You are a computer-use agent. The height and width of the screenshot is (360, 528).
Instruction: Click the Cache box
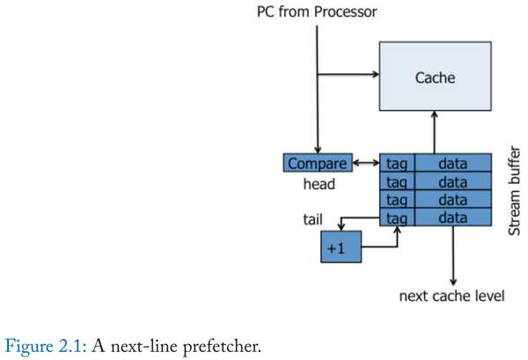[x=435, y=77]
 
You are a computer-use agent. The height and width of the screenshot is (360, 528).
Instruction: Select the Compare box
[x=317, y=163]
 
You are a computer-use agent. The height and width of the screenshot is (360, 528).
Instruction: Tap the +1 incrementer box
[x=341, y=247]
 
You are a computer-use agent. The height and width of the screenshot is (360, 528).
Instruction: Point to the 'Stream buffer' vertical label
[x=517, y=189]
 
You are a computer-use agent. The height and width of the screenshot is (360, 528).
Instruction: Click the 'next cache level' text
[x=451, y=295]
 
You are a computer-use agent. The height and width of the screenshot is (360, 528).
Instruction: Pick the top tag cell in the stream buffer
[x=397, y=163]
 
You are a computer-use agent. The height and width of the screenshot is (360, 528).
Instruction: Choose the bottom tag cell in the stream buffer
[x=397, y=217]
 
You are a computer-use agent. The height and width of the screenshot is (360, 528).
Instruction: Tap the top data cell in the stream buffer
[x=452, y=163]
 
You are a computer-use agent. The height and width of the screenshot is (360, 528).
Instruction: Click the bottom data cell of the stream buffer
[x=452, y=217]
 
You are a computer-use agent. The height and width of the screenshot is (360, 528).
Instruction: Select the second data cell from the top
[x=452, y=181]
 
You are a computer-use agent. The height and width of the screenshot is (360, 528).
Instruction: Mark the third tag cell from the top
[x=397, y=199]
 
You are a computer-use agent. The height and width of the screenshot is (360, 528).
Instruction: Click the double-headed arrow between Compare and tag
[x=365, y=163]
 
